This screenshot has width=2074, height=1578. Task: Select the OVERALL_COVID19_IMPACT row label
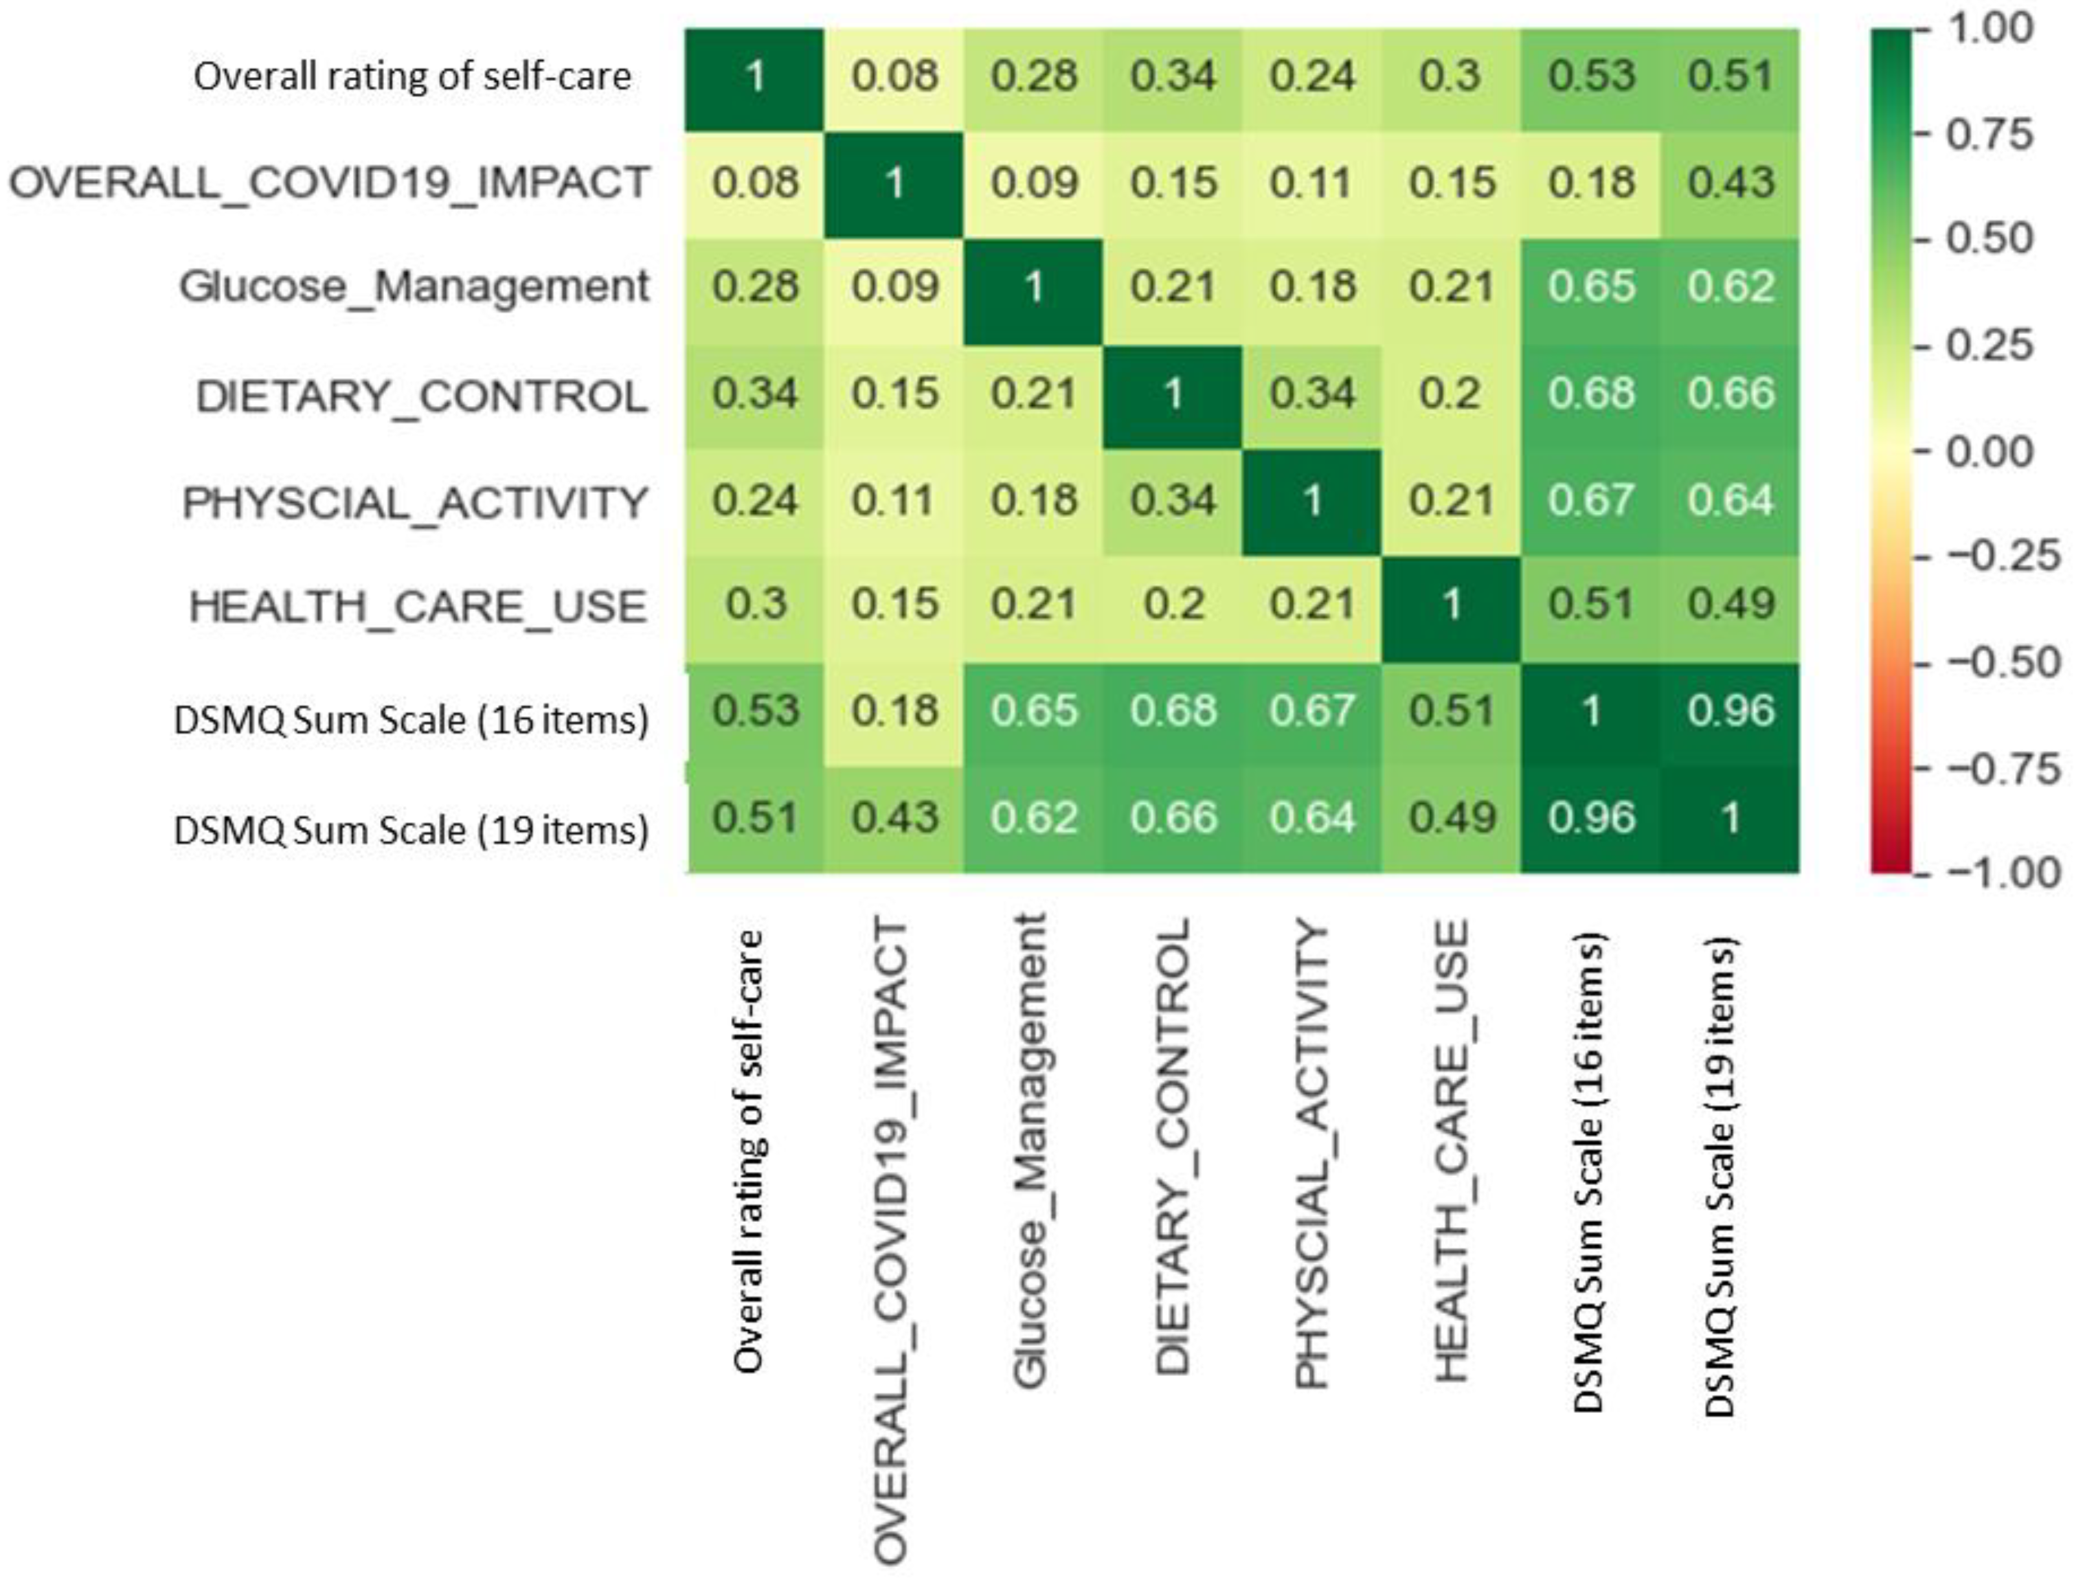pos(329,182)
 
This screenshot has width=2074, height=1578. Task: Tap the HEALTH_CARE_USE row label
pos(418,607)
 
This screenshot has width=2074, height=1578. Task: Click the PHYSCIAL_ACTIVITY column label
pos(1313,1155)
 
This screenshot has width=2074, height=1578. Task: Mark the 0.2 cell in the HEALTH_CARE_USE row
pos(1173,605)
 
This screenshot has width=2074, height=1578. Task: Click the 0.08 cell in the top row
pos(894,76)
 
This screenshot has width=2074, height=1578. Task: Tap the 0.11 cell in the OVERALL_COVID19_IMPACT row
pos(1313,182)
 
